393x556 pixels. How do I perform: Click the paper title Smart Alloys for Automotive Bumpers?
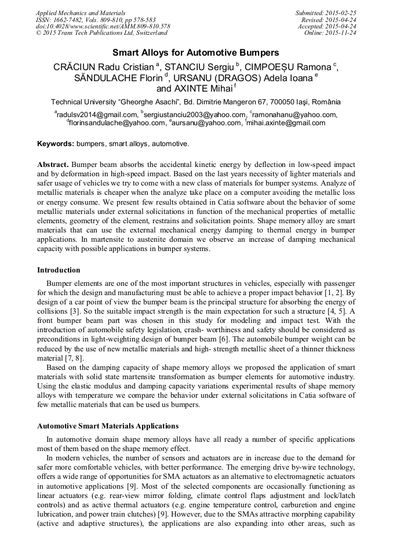pyautogui.click(x=196, y=52)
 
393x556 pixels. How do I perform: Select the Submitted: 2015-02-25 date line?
pyautogui.click(x=326, y=12)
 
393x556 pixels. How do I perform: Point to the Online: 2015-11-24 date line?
pyautogui.click(x=330, y=33)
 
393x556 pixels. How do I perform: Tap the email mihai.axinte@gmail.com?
pyautogui.click(x=286, y=123)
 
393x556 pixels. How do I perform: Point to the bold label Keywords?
pyautogui.click(x=56, y=143)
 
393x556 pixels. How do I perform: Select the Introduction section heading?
pyautogui.click(x=59, y=270)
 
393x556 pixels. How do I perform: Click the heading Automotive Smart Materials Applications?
pyautogui.click(x=108, y=426)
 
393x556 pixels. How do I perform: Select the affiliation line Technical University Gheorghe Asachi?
pyautogui.click(x=196, y=102)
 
